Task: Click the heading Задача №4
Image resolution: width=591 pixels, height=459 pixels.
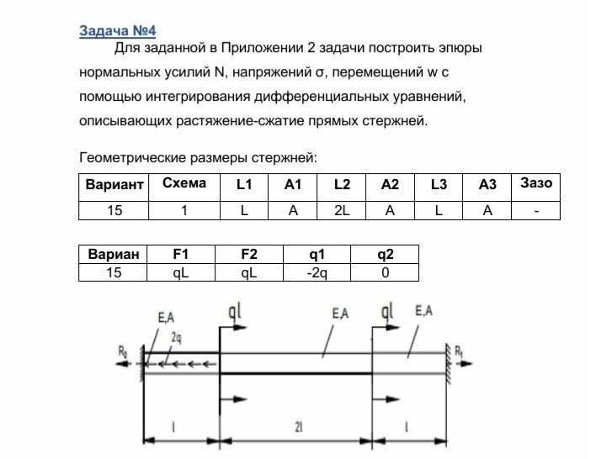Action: tap(117, 30)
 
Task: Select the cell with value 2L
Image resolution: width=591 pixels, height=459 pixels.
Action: tap(342, 210)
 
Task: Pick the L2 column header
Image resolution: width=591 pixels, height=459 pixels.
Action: tap(342, 185)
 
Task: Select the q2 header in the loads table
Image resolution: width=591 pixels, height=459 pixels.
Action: tap(386, 255)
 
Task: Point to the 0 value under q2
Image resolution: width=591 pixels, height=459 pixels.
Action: tap(386, 272)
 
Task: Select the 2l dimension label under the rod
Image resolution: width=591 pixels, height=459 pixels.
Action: tap(298, 428)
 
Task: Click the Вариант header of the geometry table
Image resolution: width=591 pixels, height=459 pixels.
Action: tap(112, 185)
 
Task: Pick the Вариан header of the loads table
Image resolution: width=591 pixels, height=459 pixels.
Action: tap(112, 255)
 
